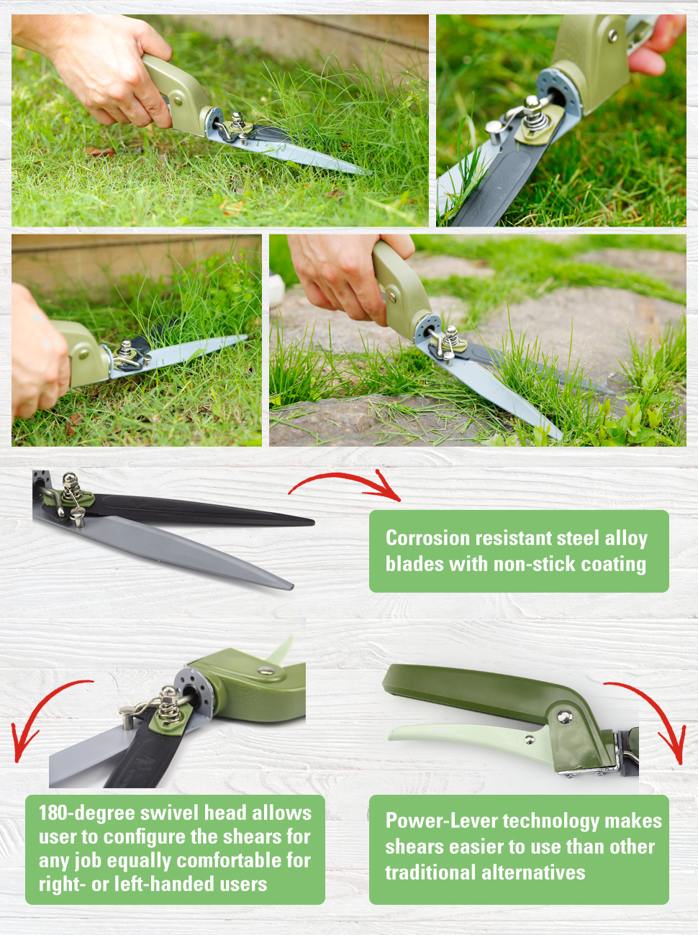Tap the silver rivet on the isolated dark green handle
coord(566,716)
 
